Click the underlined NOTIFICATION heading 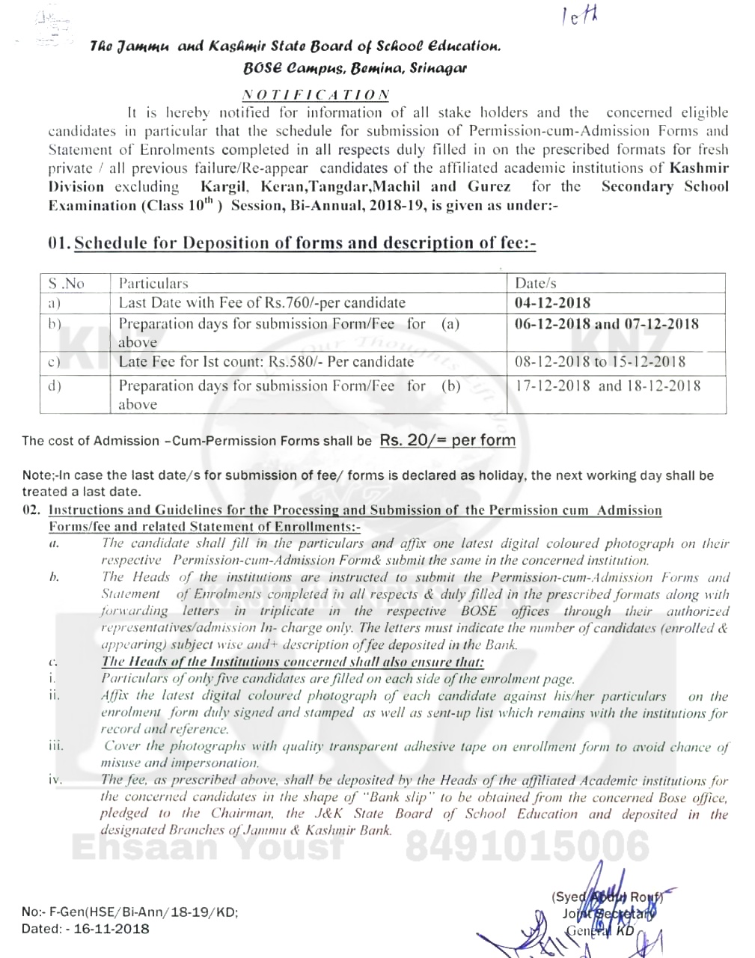pyautogui.click(x=316, y=95)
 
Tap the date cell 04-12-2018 pyautogui.click(x=552, y=303)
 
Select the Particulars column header pyautogui.click(x=153, y=284)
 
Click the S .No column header pyautogui.click(x=66, y=284)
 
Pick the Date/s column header pyautogui.click(x=536, y=284)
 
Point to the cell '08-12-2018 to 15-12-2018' pyautogui.click(x=600, y=361)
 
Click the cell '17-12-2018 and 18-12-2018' pyautogui.click(x=608, y=385)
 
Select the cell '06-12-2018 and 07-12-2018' pyautogui.click(x=607, y=324)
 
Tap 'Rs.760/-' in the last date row pyautogui.click(x=295, y=303)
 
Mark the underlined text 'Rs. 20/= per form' pyautogui.click(x=447, y=440)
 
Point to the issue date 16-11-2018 pyautogui.click(x=112, y=929)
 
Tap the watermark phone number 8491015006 pyautogui.click(x=527, y=846)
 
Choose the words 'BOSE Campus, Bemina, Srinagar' pyautogui.click(x=355, y=68)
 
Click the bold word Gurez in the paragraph pyautogui.click(x=489, y=186)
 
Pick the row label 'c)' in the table pyautogui.click(x=53, y=362)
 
